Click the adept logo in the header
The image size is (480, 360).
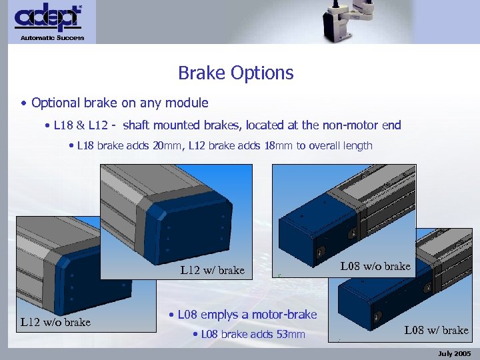[x=48, y=18]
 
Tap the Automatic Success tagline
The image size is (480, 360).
[x=52, y=38]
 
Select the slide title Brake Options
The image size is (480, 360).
[x=236, y=73]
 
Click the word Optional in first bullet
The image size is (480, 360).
[x=55, y=103]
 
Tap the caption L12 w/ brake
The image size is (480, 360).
[x=213, y=271]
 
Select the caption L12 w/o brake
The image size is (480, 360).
[x=55, y=323]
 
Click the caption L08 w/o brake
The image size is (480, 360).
[x=375, y=267]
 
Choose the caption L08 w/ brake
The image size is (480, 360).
[x=436, y=330]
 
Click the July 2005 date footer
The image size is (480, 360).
[x=455, y=353]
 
